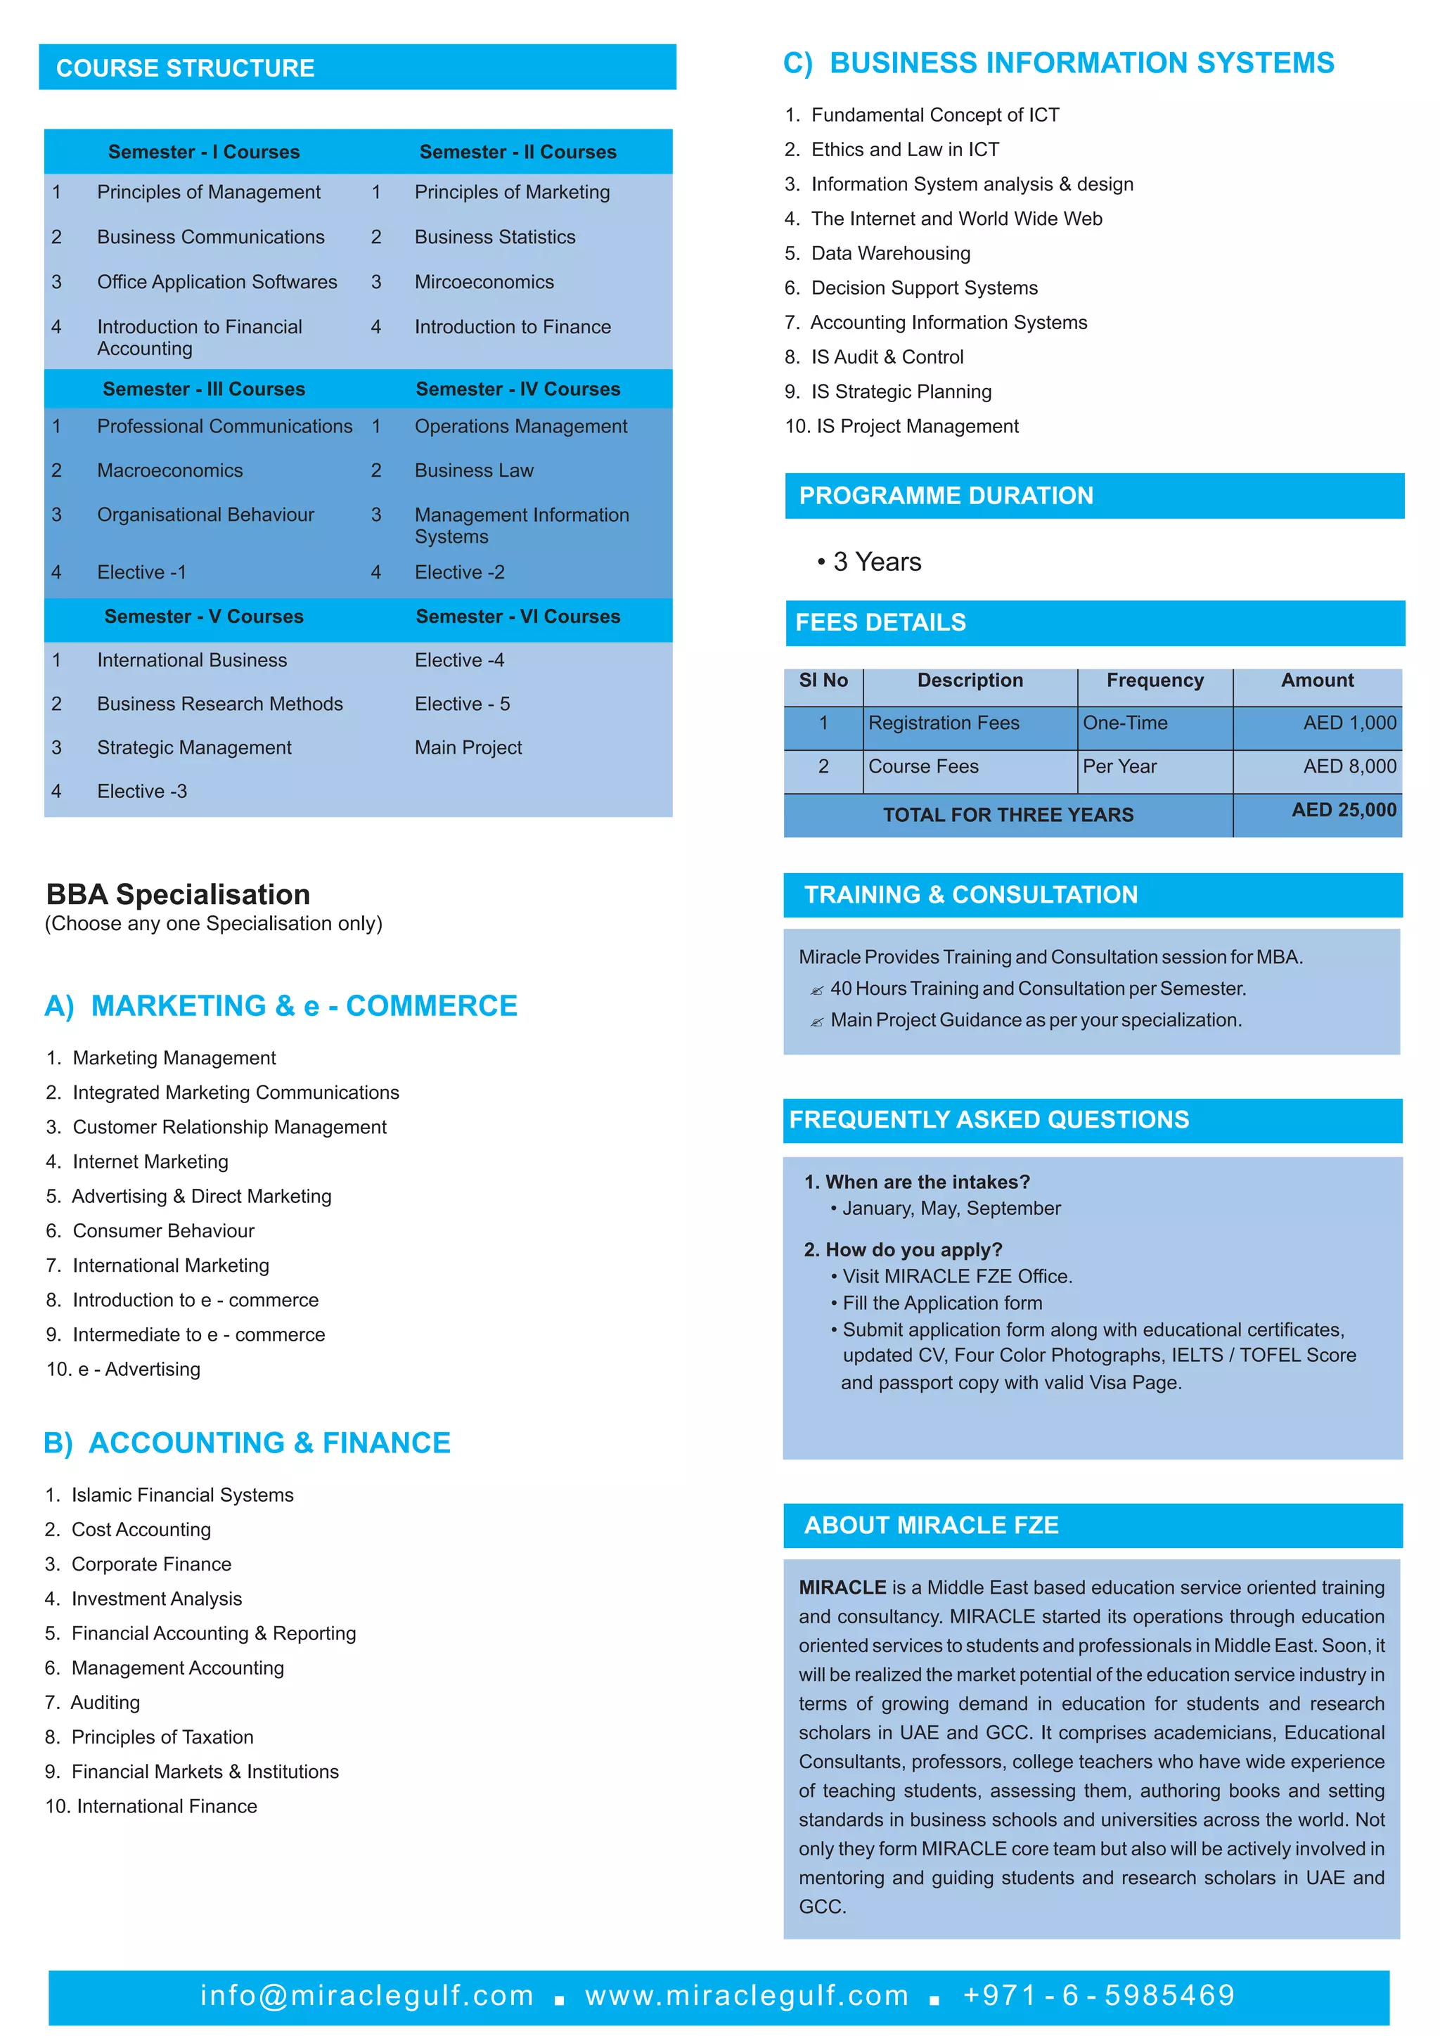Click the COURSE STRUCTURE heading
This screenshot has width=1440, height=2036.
click(186, 68)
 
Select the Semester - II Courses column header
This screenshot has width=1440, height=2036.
click(517, 152)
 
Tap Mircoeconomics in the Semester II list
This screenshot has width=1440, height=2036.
click(484, 282)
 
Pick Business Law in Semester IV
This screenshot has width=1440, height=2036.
click(475, 471)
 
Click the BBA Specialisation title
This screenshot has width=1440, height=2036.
click(178, 894)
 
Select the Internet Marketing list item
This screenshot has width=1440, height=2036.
click(150, 1161)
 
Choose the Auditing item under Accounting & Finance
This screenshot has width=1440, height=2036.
click(105, 1703)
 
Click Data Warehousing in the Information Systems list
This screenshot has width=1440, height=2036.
click(890, 254)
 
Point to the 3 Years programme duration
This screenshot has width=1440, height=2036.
click(877, 562)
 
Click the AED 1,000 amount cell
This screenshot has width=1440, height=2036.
click(1349, 723)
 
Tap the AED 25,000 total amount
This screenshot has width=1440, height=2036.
click(1344, 810)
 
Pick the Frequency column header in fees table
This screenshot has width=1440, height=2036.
click(1155, 681)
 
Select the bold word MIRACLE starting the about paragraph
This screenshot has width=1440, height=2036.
click(842, 1587)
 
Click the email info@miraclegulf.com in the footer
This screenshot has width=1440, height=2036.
click(367, 1995)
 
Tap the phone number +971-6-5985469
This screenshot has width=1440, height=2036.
click(1098, 1995)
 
